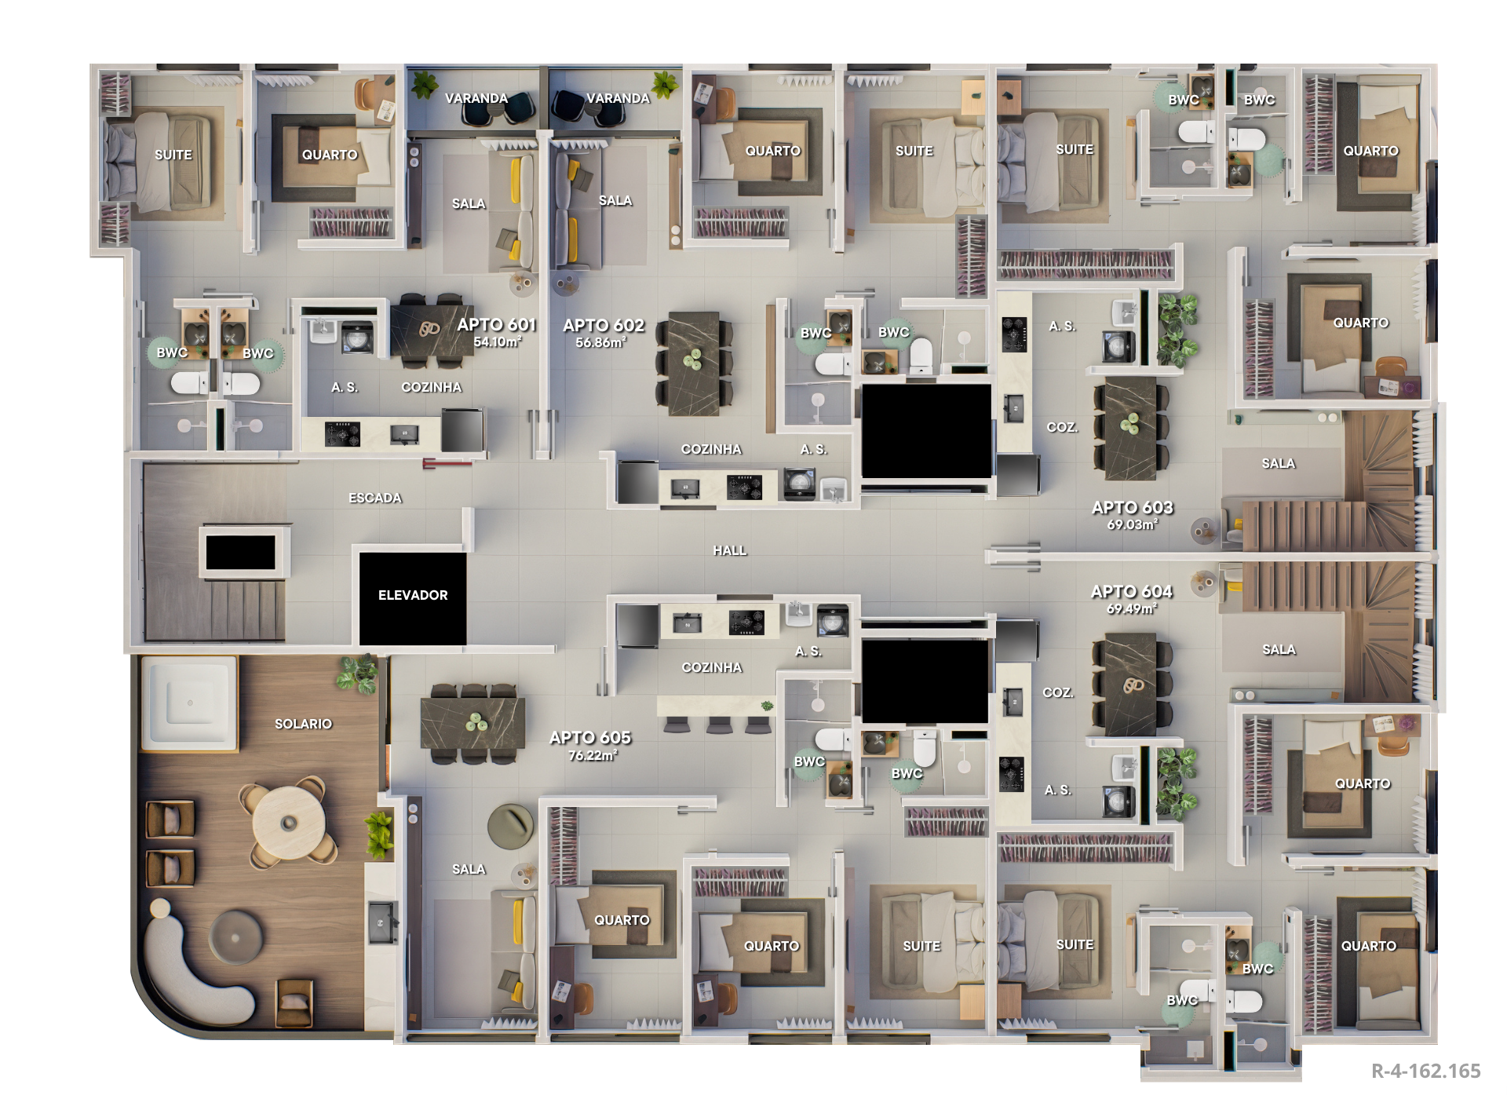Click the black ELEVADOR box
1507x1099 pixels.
[x=413, y=598]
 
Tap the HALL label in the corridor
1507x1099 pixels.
[x=730, y=550]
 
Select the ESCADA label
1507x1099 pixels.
[x=375, y=498]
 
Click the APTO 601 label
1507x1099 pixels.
[x=496, y=324]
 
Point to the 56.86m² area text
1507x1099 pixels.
[x=600, y=342]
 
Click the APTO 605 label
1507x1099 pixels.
[x=590, y=737]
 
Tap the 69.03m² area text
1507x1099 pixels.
[x=1132, y=524]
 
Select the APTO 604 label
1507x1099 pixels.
[x=1132, y=591]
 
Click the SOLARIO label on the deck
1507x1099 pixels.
[x=303, y=724]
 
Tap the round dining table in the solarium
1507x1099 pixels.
[x=288, y=823]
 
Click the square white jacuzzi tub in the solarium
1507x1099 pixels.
[x=189, y=703]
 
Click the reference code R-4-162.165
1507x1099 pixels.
[x=1425, y=1071]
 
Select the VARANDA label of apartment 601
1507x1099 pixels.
[x=476, y=98]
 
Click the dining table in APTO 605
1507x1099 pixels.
[x=473, y=723]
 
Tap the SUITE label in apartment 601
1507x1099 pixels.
[x=173, y=155]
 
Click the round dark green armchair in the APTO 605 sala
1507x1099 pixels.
[x=510, y=827]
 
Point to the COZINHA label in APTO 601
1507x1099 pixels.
[x=432, y=387]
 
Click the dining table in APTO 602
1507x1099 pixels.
[x=694, y=363]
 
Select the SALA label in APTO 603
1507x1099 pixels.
[x=1279, y=463]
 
